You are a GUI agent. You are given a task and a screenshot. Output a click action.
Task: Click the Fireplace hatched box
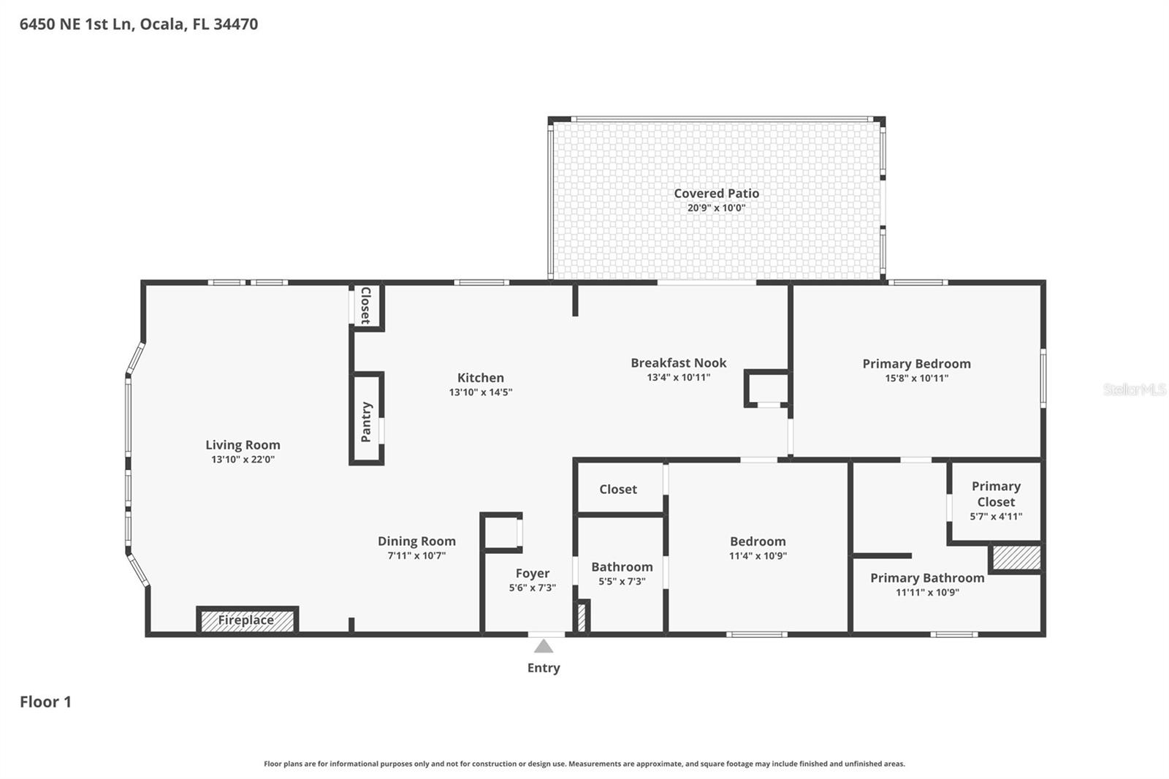pyautogui.click(x=247, y=620)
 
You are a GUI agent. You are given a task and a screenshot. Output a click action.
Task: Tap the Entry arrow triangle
pyautogui.click(x=543, y=646)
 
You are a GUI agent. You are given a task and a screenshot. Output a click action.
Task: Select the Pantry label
pyautogui.click(x=367, y=422)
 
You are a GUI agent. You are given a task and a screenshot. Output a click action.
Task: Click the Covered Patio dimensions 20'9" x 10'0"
pyautogui.click(x=716, y=208)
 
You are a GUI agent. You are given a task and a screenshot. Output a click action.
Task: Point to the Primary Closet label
pyautogui.click(x=996, y=494)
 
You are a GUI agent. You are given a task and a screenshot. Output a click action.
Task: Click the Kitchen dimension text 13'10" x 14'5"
pyautogui.click(x=480, y=392)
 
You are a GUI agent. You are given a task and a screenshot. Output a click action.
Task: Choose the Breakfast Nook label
pyautogui.click(x=678, y=362)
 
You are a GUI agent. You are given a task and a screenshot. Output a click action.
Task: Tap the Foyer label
pyautogui.click(x=532, y=574)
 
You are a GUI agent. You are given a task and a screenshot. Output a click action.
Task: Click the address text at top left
pyautogui.click(x=139, y=24)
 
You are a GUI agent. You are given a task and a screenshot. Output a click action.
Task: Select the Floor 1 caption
pyautogui.click(x=45, y=702)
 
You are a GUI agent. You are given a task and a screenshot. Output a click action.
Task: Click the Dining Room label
pyautogui.click(x=416, y=541)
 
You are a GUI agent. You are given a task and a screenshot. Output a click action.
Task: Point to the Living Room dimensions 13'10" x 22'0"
pyautogui.click(x=243, y=460)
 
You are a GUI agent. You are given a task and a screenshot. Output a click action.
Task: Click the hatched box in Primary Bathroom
pyautogui.click(x=1016, y=558)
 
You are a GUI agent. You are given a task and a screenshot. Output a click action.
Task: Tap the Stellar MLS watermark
pyautogui.click(x=1134, y=389)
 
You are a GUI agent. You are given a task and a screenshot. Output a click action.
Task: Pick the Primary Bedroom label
pyautogui.click(x=916, y=363)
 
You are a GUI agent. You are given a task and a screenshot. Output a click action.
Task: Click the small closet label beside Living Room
pyautogui.click(x=366, y=305)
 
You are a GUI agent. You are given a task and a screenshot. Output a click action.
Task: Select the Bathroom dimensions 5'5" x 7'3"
pyautogui.click(x=622, y=582)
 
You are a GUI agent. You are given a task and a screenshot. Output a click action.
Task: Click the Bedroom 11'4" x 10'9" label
pyautogui.click(x=758, y=541)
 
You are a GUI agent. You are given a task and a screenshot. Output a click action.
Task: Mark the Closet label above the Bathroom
pyautogui.click(x=618, y=490)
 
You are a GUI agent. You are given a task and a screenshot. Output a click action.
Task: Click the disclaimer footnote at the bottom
pyautogui.click(x=584, y=764)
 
